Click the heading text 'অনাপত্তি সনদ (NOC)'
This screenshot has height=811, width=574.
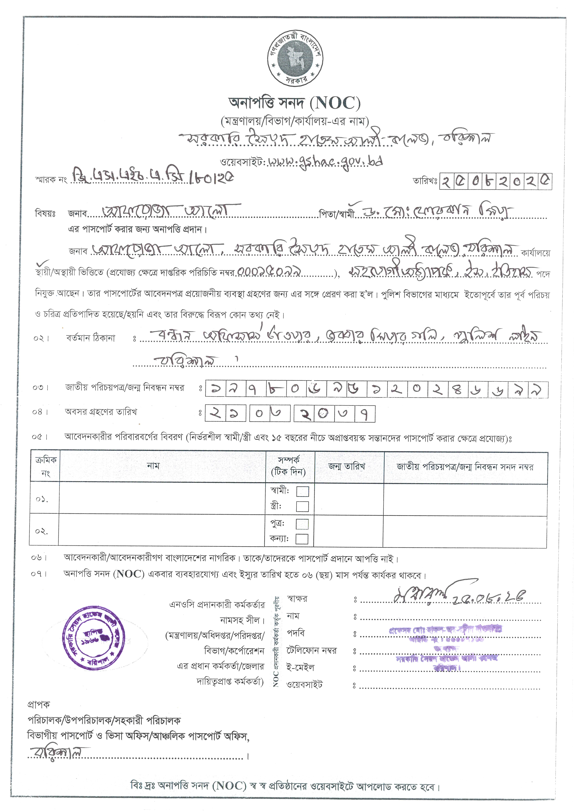coord(295,103)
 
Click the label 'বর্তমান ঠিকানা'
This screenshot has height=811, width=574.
coord(91,338)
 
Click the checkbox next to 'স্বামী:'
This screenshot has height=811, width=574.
coord(302,491)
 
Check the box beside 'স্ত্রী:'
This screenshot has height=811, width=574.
coord(302,507)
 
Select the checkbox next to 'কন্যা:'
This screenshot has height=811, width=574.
coord(302,539)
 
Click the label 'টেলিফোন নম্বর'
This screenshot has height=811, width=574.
coord(311,650)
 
